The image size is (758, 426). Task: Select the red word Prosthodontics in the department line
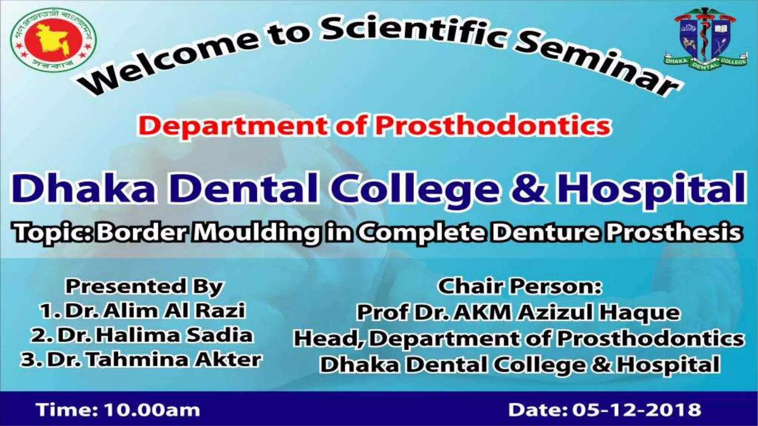click(492, 126)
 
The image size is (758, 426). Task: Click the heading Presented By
click(144, 287)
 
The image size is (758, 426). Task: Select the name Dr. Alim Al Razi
click(142, 311)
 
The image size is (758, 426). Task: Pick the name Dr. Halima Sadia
click(142, 335)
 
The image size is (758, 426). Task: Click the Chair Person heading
click(520, 287)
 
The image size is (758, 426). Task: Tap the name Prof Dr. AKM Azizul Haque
click(518, 312)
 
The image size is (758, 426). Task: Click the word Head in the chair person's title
click(327, 339)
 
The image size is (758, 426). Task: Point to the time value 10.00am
click(152, 410)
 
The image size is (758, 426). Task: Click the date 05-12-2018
click(637, 410)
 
